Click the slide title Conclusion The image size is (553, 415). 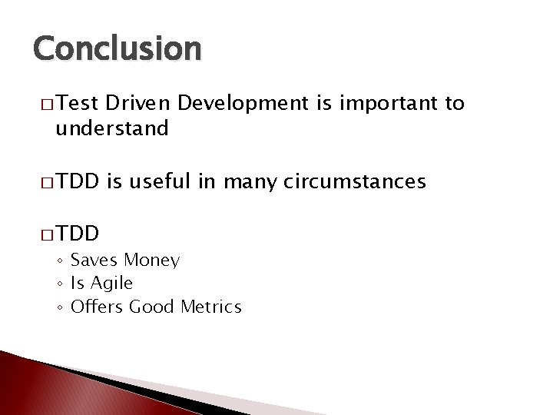[x=118, y=49]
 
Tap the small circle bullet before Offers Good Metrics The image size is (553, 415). [x=60, y=308]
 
